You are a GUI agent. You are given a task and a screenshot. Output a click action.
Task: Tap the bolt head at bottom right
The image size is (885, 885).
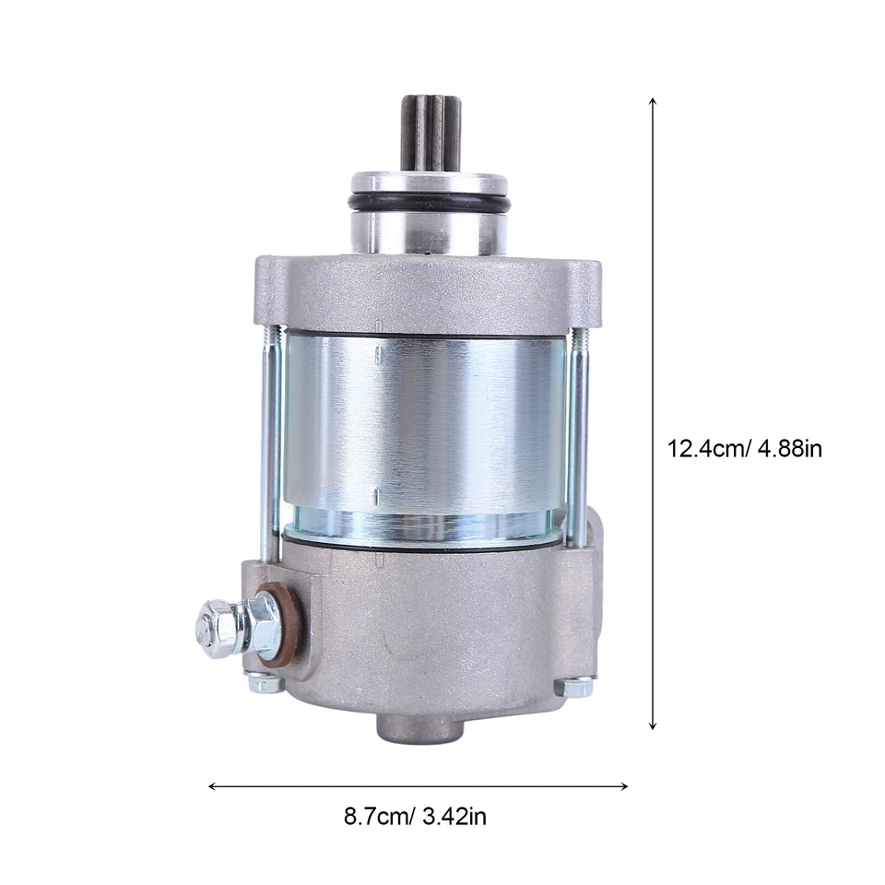pyautogui.click(x=578, y=687)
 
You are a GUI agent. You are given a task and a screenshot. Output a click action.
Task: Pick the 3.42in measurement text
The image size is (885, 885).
pyautogui.click(x=452, y=817)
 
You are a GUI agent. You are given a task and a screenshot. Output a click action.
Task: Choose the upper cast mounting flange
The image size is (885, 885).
pyautogui.click(x=424, y=290)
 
